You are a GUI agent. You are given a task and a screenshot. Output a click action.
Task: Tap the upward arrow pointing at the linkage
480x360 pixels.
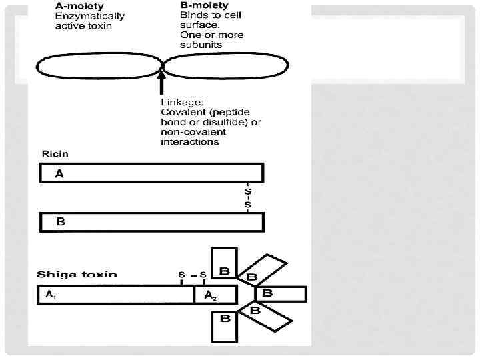tap(162, 84)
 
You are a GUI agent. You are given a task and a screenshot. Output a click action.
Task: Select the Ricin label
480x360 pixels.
tap(55, 153)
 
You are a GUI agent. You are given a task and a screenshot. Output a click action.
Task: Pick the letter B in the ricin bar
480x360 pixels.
tap(60, 221)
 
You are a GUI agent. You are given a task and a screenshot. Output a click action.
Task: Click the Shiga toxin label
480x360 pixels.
tap(77, 274)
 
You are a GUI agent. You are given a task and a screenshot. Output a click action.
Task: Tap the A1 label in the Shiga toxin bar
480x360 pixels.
tap(51, 294)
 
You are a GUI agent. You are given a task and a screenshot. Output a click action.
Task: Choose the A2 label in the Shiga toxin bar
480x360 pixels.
tap(209, 295)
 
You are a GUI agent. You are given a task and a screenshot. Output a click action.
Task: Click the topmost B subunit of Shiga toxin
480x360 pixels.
tap(225, 271)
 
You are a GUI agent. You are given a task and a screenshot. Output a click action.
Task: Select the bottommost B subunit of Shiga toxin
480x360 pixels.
tap(225, 319)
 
